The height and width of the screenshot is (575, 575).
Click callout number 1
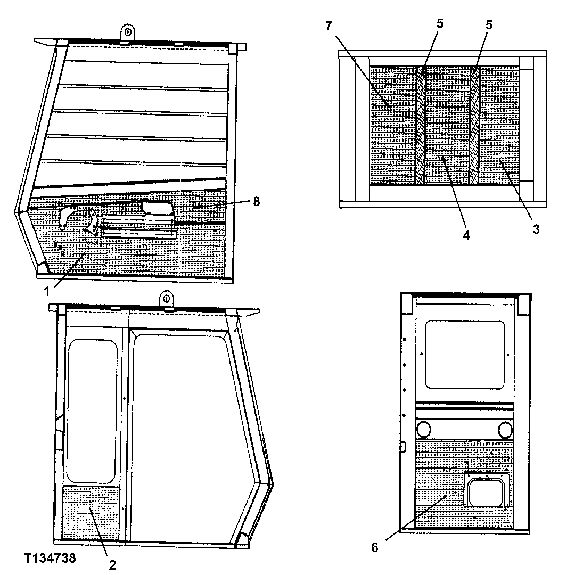[47, 291]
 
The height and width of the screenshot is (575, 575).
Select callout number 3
[536, 229]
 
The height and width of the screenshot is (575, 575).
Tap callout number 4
[466, 235]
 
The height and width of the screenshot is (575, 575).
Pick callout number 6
[375, 547]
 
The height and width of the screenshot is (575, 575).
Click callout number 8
[257, 202]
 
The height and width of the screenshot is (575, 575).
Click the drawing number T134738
[50, 558]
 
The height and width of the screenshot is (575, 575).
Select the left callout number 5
[440, 24]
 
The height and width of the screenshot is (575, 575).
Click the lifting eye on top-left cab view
[128, 31]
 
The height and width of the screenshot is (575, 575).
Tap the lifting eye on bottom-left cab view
[167, 299]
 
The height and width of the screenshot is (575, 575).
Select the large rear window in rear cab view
[465, 354]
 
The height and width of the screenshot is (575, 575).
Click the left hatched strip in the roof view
[421, 125]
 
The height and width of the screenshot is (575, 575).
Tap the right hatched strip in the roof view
[474, 125]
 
